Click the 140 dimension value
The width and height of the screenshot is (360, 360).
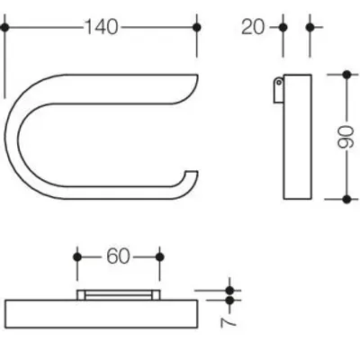pos(102,27)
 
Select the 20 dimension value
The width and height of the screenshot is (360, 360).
pos(253,27)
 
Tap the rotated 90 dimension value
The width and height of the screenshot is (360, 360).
pos(346,137)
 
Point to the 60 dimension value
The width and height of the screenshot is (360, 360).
pos(118,256)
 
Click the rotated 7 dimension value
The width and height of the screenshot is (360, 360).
pos(229,322)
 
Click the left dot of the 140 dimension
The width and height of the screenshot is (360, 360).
pos(4,28)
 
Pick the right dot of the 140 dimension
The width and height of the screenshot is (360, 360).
pos(197,28)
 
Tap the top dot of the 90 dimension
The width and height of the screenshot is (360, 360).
pos(346,75)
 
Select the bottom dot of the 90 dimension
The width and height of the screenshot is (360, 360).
pos(346,199)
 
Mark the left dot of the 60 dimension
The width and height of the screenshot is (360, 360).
pos(77,257)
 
